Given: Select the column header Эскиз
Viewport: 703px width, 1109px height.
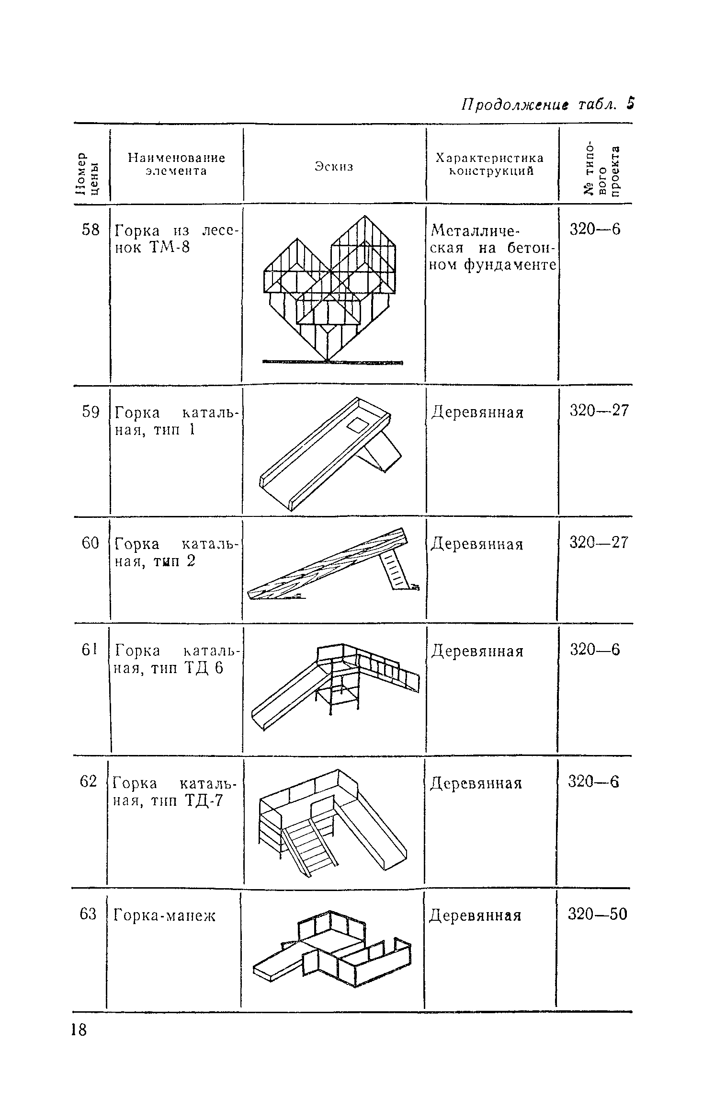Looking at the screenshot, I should pyautogui.click(x=334, y=166).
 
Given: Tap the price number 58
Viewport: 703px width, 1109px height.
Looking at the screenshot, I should pyautogui.click(x=91, y=230).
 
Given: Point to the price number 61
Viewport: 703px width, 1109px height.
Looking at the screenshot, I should pyautogui.click(x=89, y=650).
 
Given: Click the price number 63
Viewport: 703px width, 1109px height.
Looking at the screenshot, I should pyautogui.click(x=88, y=915).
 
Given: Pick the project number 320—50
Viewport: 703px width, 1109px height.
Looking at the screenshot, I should pyautogui.click(x=597, y=915).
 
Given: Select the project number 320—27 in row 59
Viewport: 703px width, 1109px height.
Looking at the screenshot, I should pyautogui.click(x=599, y=411).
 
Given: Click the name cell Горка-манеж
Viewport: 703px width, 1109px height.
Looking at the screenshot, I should pyautogui.click(x=164, y=916).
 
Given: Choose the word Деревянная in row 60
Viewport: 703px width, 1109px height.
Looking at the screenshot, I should pyautogui.click(x=477, y=544).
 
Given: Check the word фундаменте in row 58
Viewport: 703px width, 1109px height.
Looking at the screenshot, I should pyautogui.click(x=510, y=265).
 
